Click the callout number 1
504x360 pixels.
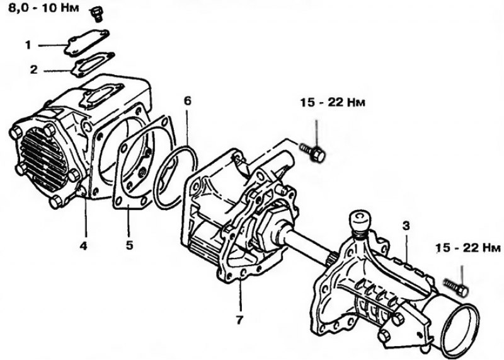[28, 45]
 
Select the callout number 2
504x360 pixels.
[34, 69]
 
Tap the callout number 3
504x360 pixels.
[406, 226]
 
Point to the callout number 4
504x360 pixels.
[83, 246]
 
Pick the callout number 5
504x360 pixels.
[129, 245]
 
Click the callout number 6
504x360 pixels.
[187, 101]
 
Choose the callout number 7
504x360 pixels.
[239, 320]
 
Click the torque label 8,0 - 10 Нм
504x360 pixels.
[43, 8]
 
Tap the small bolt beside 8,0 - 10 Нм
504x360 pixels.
[96, 14]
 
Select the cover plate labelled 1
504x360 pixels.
[87, 43]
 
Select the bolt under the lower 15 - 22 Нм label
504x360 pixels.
[455, 287]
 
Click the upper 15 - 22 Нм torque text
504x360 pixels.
[333, 103]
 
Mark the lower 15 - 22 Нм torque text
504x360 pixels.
[469, 248]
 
